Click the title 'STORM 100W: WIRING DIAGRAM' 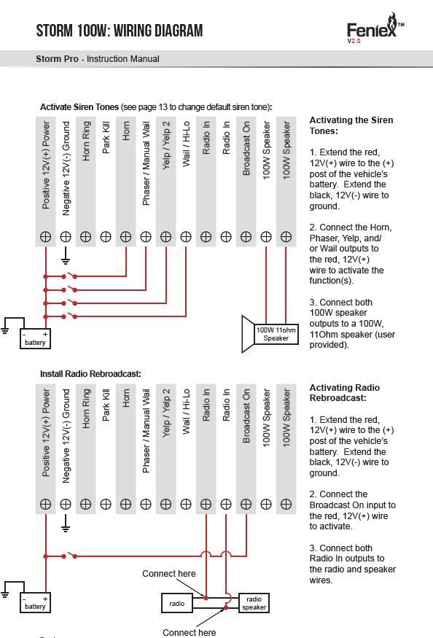(x=120, y=31)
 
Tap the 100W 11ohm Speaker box (x=276, y=334)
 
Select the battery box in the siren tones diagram (x=36, y=338)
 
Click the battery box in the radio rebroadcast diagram (x=36, y=602)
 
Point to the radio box (x=176, y=604)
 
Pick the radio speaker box (x=254, y=603)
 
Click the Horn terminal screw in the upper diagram (x=126, y=236)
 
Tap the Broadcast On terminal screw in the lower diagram (x=246, y=504)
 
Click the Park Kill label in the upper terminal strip (x=106, y=138)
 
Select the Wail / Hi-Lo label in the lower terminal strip (x=186, y=411)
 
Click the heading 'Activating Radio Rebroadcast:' (x=345, y=393)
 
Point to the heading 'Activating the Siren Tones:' (x=351, y=125)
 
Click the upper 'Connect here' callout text (x=169, y=573)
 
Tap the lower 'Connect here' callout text (x=190, y=632)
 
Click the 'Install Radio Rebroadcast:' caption (x=90, y=373)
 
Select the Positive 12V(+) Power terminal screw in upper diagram (x=46, y=236)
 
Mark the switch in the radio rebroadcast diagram (x=69, y=555)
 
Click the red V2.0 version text (x=354, y=41)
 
